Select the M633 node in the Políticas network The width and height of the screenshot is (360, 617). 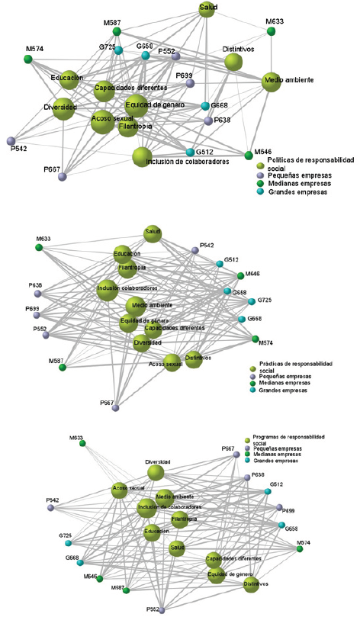(x=271, y=32)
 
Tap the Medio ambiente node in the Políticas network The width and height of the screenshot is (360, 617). (x=272, y=80)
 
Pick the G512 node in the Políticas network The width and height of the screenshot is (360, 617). (x=190, y=153)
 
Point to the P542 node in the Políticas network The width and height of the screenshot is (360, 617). (x=11, y=140)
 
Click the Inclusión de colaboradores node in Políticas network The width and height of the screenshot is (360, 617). (x=143, y=157)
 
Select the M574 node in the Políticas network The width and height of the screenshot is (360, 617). (x=27, y=59)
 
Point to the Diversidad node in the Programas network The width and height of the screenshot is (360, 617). (x=156, y=473)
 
